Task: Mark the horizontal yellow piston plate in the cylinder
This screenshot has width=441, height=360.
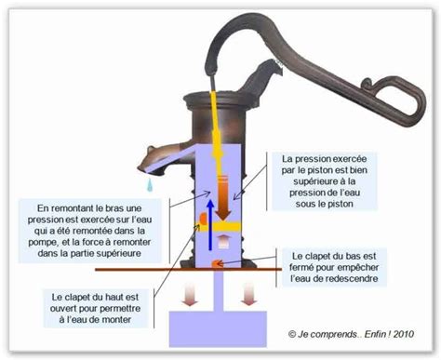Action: pos(223,223)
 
